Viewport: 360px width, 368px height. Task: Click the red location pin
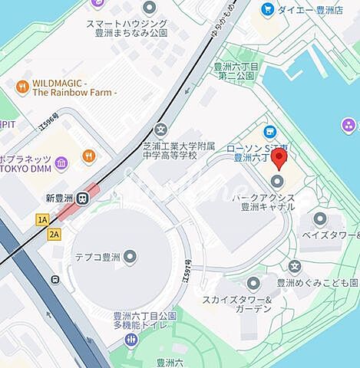click(x=279, y=159)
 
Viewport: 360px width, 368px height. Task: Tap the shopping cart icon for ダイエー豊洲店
click(x=267, y=9)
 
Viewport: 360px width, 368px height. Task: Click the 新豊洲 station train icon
click(x=81, y=196)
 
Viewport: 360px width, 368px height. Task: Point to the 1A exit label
click(x=41, y=220)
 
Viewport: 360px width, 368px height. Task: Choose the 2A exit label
click(x=54, y=234)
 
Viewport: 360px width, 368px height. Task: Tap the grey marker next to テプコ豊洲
click(x=130, y=255)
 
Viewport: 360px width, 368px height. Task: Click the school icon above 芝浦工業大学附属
click(x=160, y=129)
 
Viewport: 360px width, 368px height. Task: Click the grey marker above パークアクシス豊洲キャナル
click(x=277, y=181)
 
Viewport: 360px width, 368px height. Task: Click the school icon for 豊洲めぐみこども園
click(x=295, y=266)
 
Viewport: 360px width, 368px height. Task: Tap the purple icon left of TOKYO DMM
click(x=61, y=161)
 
